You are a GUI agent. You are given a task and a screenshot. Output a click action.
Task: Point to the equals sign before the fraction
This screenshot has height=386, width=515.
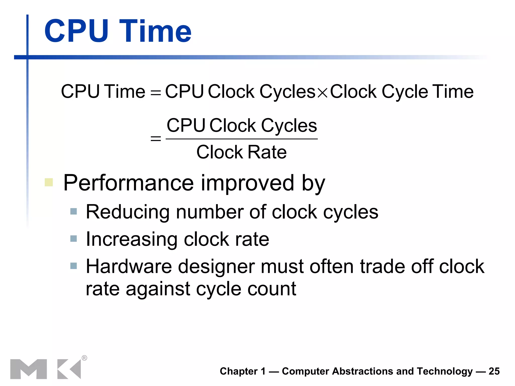pyautogui.click(x=155, y=138)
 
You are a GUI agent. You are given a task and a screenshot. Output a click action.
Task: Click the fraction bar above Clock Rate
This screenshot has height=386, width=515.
pyautogui.click(x=241, y=139)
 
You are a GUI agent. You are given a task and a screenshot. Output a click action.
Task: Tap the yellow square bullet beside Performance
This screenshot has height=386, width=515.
pyautogui.click(x=49, y=182)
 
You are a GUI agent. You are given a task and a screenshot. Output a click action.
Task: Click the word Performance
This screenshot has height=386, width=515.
pyautogui.click(x=128, y=183)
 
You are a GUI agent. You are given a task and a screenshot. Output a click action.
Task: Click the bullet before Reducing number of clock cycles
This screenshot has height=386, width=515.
pyautogui.click(x=73, y=211)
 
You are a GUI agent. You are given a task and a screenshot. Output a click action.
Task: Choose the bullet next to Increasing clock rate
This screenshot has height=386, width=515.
pyautogui.click(x=73, y=238)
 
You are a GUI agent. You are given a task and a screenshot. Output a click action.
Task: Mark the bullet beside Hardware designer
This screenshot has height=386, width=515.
pyautogui.click(x=73, y=266)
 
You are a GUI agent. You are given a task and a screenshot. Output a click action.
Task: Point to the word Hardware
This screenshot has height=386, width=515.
pyautogui.click(x=129, y=266)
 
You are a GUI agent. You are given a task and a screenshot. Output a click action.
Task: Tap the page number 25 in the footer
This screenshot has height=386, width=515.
pyautogui.click(x=494, y=371)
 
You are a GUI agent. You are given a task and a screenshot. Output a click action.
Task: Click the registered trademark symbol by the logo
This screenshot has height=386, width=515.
pyautogui.click(x=84, y=358)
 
